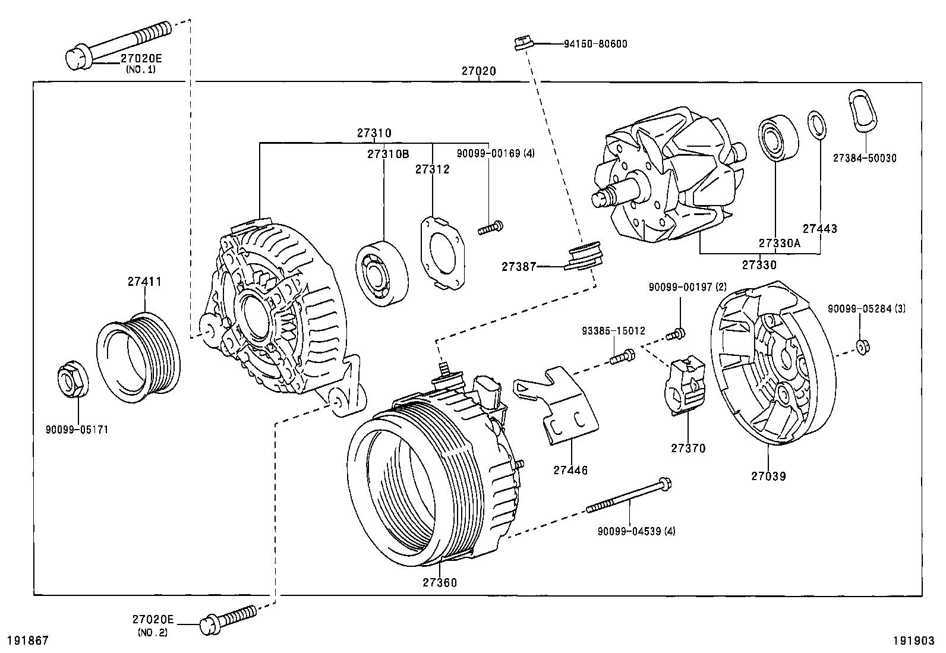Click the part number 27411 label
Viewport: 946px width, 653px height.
144,282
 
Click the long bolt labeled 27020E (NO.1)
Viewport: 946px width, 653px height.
119,42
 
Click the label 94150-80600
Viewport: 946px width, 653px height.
595,44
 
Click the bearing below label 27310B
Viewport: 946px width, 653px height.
382,273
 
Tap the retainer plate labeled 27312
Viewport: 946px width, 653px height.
443,252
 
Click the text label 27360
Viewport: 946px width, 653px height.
440,582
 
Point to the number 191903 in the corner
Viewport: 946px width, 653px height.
914,641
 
